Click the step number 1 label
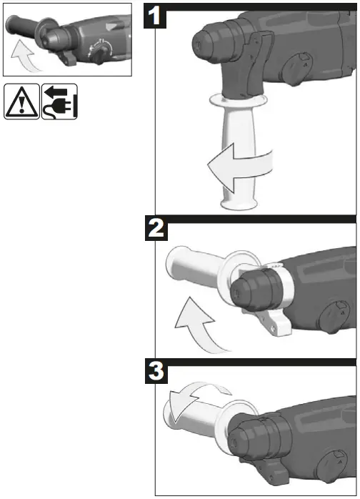157,16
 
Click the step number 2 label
157,229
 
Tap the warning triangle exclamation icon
22,102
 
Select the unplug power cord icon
59,102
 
